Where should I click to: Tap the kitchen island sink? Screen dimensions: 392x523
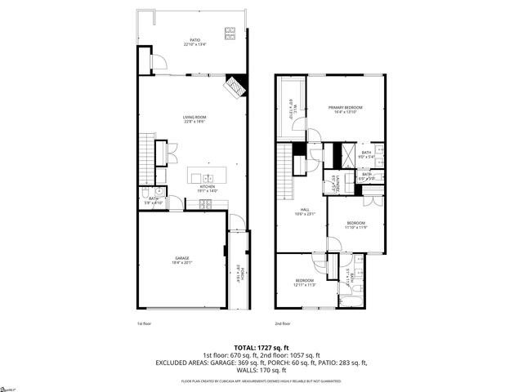tap(208, 176)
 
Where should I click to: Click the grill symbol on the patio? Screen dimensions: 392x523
tap(230, 33)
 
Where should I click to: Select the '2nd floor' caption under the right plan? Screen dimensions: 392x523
tap(281, 323)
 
